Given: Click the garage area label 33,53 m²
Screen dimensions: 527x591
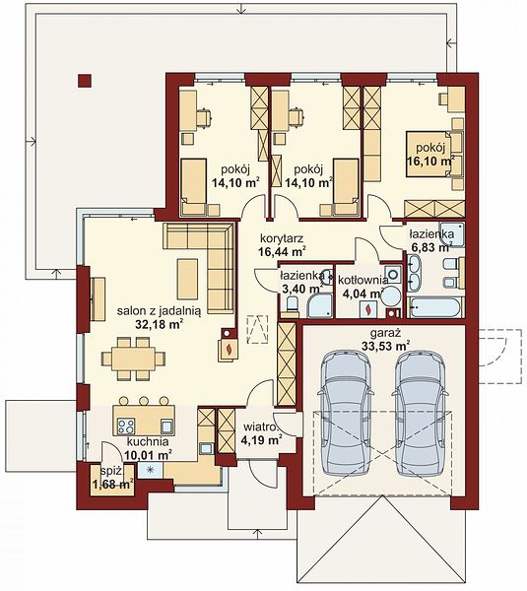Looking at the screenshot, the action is [x=385, y=346].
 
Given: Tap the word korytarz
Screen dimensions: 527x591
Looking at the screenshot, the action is [x=282, y=238].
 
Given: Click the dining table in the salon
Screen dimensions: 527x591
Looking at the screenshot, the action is [x=133, y=359].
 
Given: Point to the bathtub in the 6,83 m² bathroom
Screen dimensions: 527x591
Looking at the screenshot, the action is [x=434, y=307].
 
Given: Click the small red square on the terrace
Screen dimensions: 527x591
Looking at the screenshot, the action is [x=85, y=81].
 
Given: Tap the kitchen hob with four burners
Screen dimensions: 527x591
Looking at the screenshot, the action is [x=125, y=427].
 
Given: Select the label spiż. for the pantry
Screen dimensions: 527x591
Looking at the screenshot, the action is [x=112, y=471].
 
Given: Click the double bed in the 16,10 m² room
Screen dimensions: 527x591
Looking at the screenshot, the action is [x=428, y=154].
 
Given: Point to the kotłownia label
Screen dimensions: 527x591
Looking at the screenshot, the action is [x=362, y=280].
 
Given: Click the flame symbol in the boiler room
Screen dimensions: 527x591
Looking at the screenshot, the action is [x=367, y=309].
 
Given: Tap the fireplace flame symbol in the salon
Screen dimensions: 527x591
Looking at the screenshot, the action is [x=228, y=349].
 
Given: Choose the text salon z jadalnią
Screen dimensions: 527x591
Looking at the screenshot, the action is [x=159, y=311].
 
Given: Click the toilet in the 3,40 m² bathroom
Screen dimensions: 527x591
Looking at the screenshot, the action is [x=293, y=305].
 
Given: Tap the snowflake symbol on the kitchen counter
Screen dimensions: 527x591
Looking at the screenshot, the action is [x=150, y=470].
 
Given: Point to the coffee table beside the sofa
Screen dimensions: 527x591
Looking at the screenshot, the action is [x=188, y=279].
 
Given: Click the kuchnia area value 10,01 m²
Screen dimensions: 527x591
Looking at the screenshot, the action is [x=148, y=455].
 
